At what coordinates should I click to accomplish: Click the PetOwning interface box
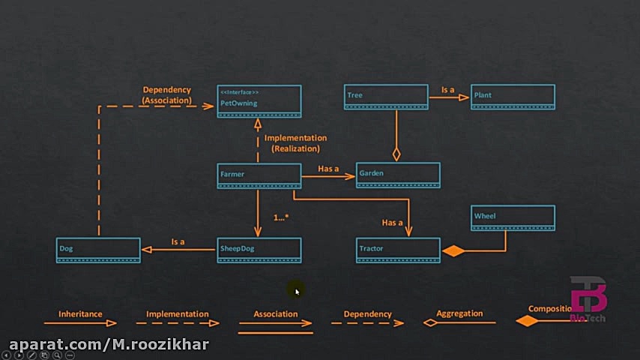coord(259,101)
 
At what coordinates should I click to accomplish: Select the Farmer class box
coord(259,175)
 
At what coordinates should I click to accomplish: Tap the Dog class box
coord(98,250)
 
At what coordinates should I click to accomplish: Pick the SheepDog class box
coord(259,250)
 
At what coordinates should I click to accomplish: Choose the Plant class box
coord(513,97)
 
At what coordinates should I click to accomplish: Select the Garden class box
coord(398,174)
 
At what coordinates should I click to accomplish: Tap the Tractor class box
coord(398,250)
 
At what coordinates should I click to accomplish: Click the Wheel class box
coord(513,217)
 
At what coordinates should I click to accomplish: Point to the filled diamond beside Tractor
coord(453,251)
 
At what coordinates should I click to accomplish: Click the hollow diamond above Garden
coord(396,154)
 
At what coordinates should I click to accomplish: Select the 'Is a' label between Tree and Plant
coord(447,90)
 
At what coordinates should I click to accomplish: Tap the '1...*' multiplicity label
coord(281,217)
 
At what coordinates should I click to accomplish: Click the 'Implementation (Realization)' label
coord(295,143)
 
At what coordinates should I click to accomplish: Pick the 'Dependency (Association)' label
coord(167,95)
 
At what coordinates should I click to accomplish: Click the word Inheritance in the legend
coord(80,314)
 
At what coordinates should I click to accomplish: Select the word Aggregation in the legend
coord(459,313)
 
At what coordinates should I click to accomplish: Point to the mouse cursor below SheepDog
coord(298,292)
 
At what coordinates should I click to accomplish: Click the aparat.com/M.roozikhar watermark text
coord(109,344)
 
